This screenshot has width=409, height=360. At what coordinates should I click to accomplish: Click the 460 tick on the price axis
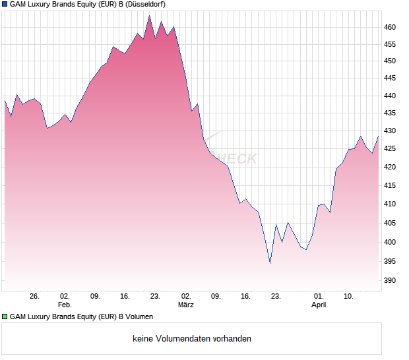(390, 27)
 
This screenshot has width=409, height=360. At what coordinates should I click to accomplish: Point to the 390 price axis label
(390, 280)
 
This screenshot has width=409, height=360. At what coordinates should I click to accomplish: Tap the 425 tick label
(390, 149)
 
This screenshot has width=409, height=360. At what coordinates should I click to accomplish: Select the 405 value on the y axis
(390, 224)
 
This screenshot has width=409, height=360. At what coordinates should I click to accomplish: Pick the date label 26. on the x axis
(34, 296)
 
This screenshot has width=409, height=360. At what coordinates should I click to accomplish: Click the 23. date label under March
(276, 296)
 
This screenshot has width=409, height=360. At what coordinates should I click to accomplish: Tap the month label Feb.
(64, 305)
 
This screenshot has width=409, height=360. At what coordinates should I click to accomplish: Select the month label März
(185, 305)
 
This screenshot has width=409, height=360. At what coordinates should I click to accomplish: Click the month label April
(319, 305)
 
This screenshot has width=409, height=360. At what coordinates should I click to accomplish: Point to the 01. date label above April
(319, 296)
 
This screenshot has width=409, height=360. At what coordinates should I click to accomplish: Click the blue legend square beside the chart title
(5, 5)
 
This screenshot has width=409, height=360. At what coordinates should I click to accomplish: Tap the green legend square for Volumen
(5, 316)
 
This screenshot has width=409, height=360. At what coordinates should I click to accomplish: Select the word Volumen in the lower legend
(139, 316)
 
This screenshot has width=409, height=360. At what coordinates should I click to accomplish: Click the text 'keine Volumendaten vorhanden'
(191, 339)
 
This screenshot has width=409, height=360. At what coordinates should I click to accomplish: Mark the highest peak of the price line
(149, 15)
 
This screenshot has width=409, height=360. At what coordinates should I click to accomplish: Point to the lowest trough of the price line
(270, 263)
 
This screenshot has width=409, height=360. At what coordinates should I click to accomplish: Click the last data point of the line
(379, 136)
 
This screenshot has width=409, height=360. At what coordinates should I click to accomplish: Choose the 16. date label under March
(245, 296)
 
